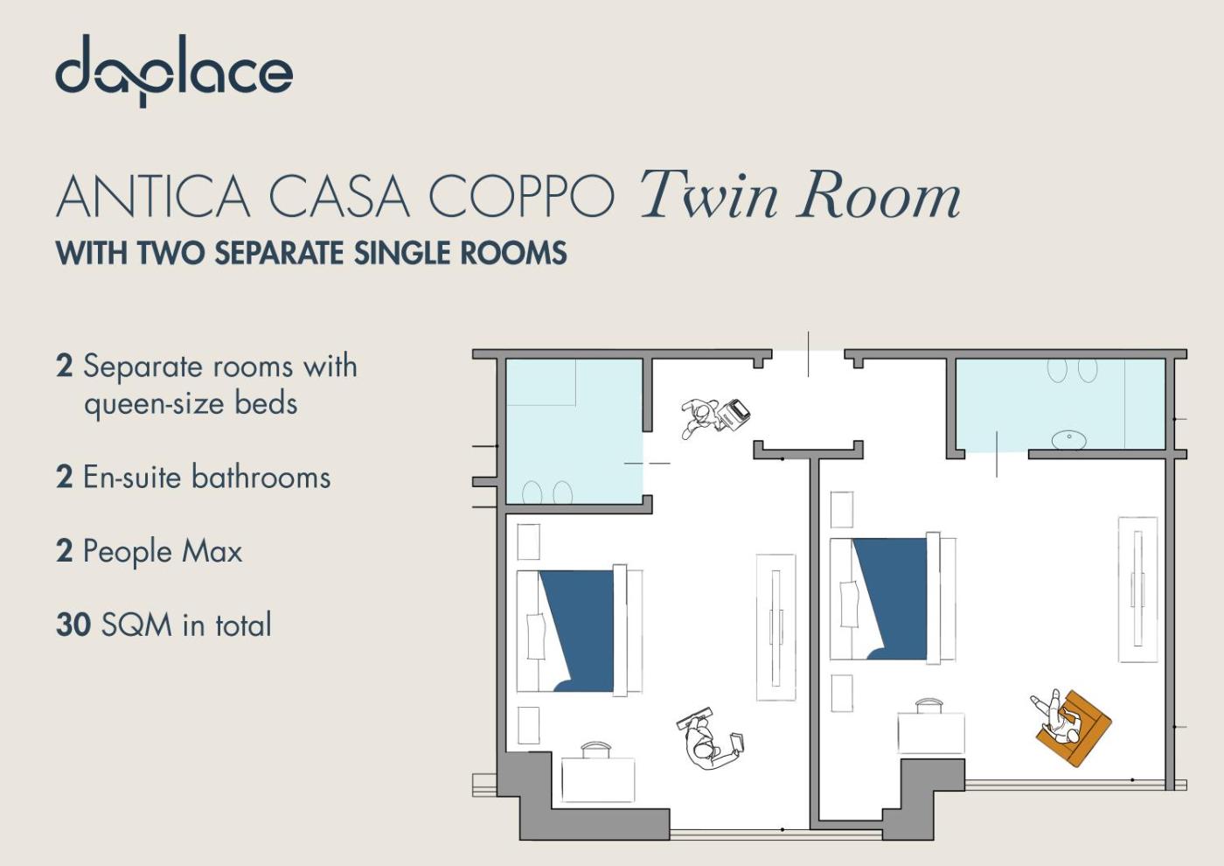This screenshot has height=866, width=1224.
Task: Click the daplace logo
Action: (x=174, y=71)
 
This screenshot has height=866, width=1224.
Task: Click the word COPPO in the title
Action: (x=521, y=196)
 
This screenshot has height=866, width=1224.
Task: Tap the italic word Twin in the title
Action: (x=708, y=194)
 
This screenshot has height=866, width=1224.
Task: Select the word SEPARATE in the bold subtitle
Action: (x=279, y=253)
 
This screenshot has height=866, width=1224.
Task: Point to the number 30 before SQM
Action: (x=73, y=625)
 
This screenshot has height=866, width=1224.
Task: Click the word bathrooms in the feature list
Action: (x=261, y=477)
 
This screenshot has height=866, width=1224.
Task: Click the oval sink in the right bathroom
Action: (x=1068, y=438)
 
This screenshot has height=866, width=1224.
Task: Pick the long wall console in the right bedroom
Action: (x=1137, y=590)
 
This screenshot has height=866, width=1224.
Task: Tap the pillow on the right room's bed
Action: (x=850, y=604)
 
